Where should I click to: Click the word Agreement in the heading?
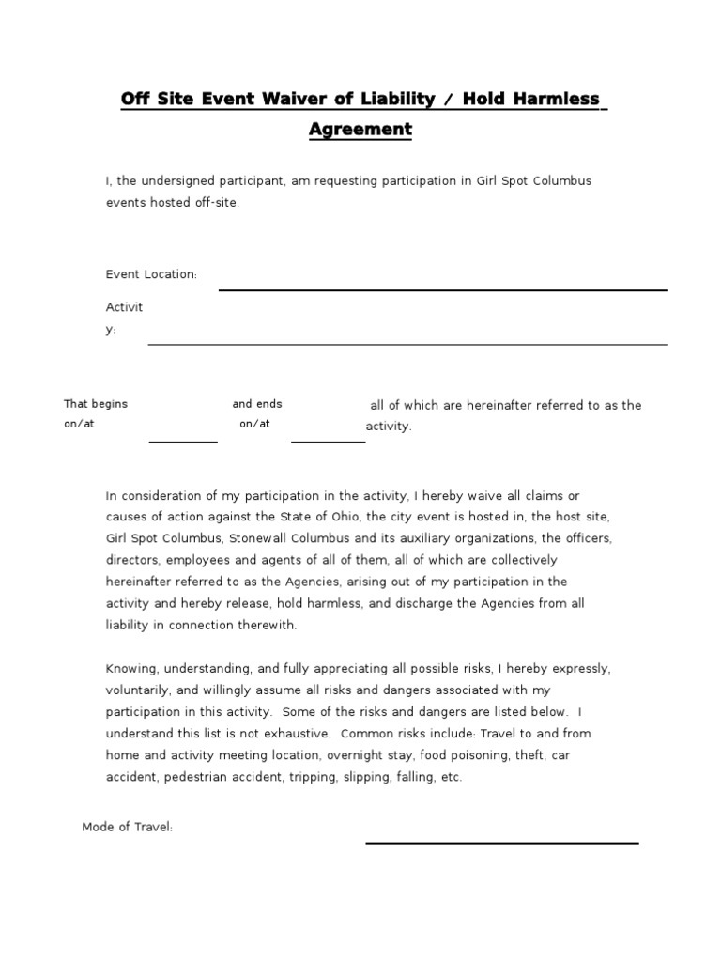pos(360,129)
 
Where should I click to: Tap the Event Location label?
pos(151,274)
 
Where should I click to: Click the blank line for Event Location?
pos(443,289)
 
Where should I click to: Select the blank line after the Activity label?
pos(407,344)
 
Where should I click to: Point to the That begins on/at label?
pos(95,413)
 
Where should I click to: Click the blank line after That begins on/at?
pos(183,441)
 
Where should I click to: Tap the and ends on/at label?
pos(256,413)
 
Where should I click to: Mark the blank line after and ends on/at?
pos(328,441)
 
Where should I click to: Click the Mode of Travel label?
pos(128,827)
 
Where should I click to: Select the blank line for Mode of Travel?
pos(501,842)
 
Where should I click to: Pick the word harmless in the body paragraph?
pos(334,603)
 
